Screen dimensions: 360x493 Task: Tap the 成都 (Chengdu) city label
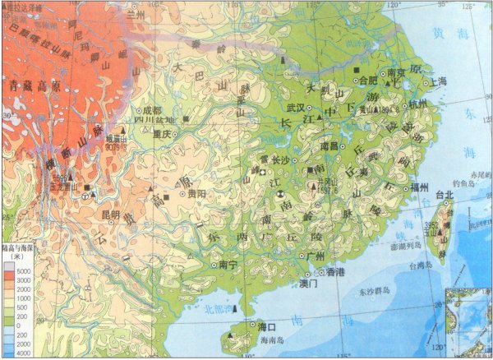coord(153,109)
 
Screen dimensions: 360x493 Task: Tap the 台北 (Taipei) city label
coord(445,195)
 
